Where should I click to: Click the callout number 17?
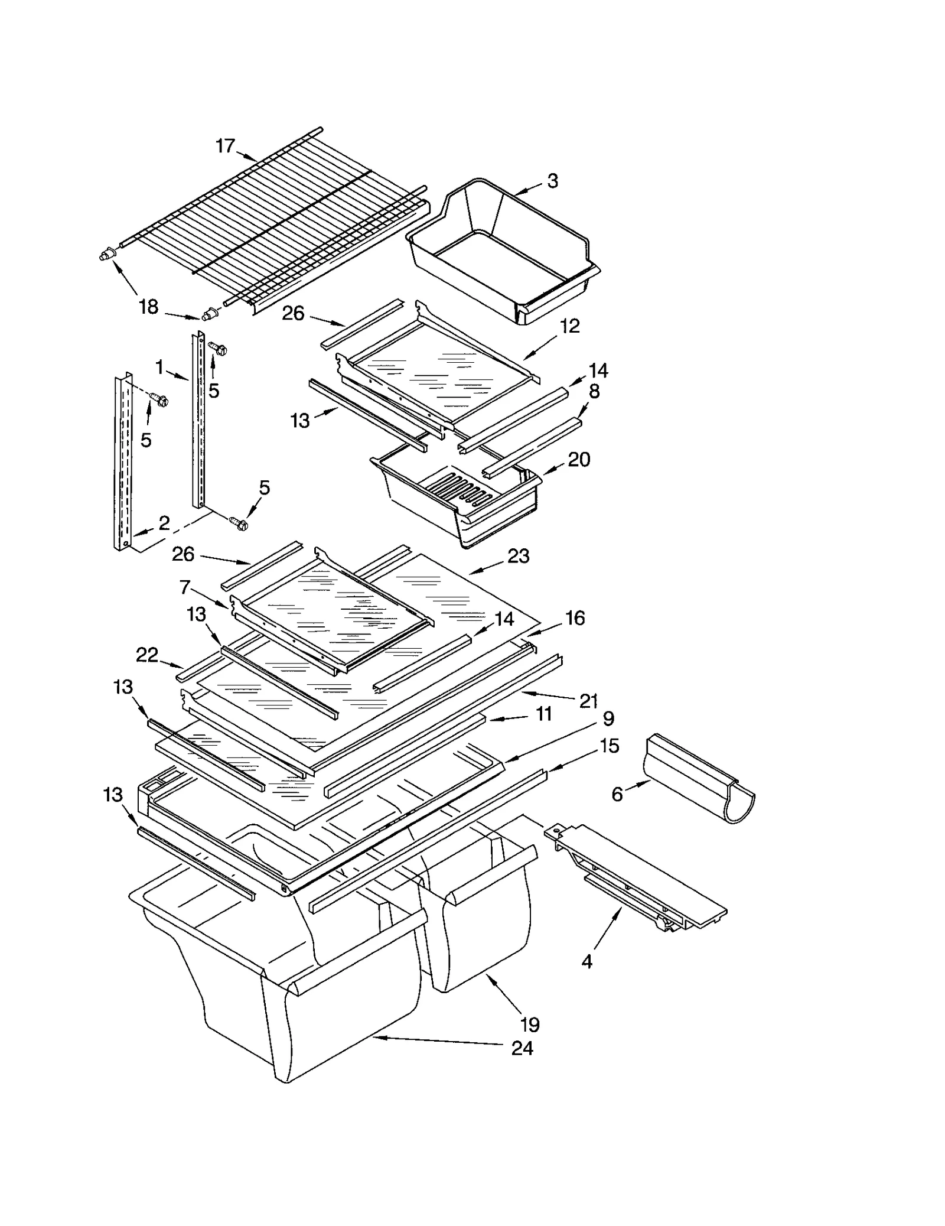tap(225, 145)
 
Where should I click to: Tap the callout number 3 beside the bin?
tap(552, 181)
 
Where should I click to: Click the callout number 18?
tap(148, 307)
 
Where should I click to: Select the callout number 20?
tap(579, 459)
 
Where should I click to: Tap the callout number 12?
tap(569, 326)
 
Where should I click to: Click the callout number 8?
tap(594, 391)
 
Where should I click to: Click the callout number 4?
tap(586, 962)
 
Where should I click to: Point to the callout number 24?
tap(522, 1049)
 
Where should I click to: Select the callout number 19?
tap(530, 1024)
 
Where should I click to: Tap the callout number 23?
tap(518, 555)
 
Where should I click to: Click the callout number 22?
tap(147, 655)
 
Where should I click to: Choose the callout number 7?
tap(185, 587)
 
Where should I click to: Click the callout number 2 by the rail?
tap(164, 522)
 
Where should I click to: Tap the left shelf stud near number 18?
tap(106, 255)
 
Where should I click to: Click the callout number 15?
tap(609, 746)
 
